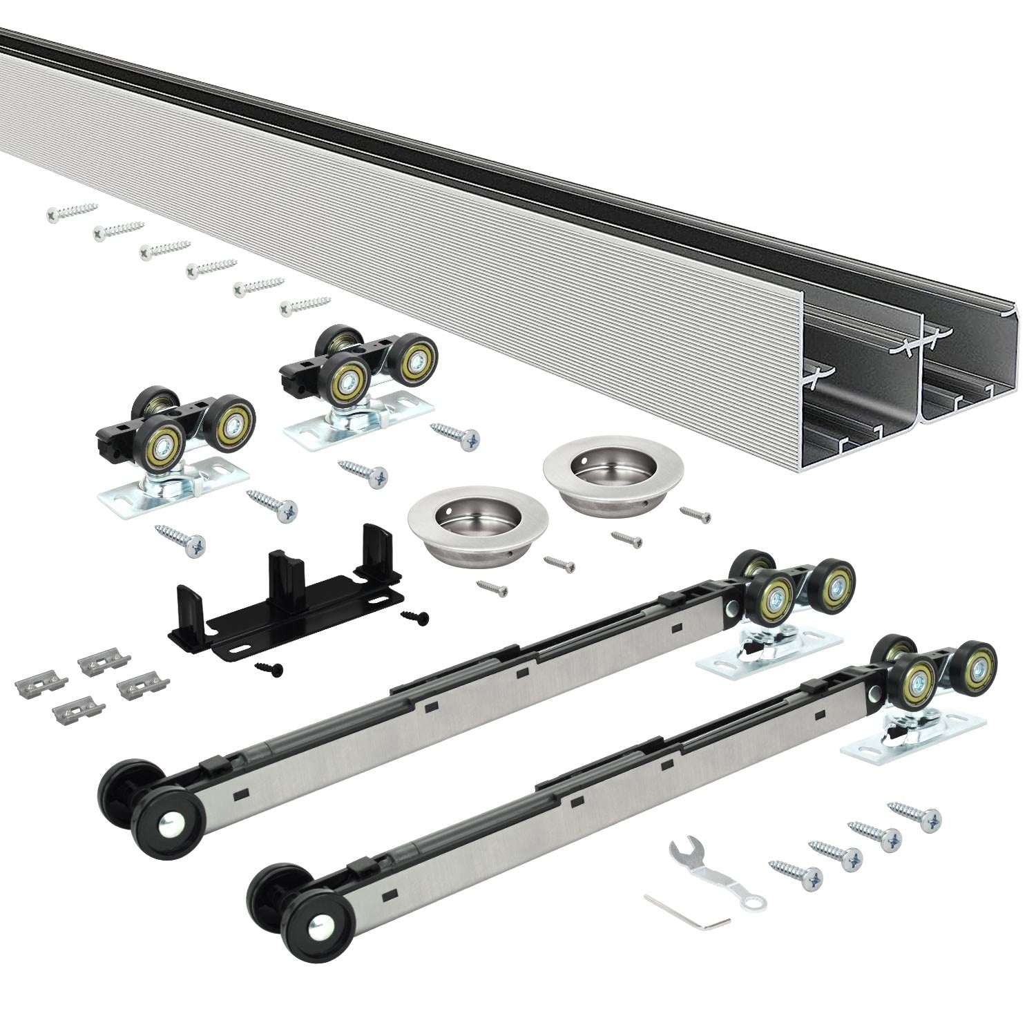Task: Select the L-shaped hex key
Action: (x=687, y=912)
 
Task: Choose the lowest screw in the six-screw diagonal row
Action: (x=305, y=305)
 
